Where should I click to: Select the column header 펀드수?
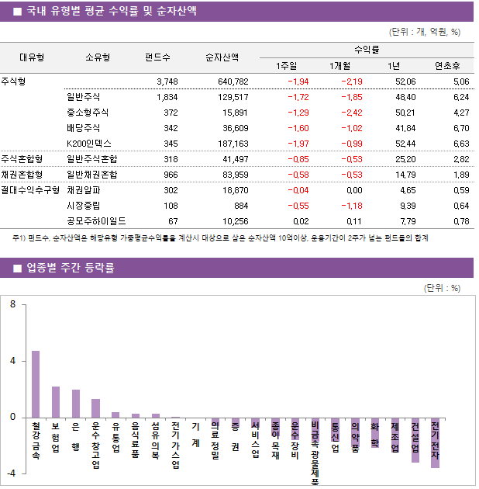(158, 57)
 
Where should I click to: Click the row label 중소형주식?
(88, 113)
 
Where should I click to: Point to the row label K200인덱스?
(89, 144)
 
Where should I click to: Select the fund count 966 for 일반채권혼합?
(168, 174)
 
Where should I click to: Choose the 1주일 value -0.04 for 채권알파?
(298, 189)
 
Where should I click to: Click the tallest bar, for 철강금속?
(36, 383)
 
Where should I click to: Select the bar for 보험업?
(56, 401)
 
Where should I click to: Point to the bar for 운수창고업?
(95, 407)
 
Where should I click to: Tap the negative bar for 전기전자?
(435, 442)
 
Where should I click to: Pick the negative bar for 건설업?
(415, 439)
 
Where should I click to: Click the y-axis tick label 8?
(12, 305)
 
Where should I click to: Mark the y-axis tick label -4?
(11, 473)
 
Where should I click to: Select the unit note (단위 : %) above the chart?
(443, 288)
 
